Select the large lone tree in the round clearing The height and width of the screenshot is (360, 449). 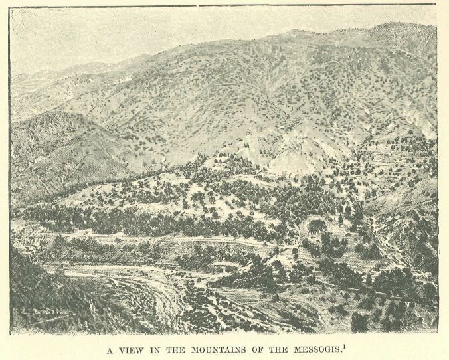(317, 226)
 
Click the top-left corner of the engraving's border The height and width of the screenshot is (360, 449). (10, 5)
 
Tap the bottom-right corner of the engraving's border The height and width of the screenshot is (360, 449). (438, 333)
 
